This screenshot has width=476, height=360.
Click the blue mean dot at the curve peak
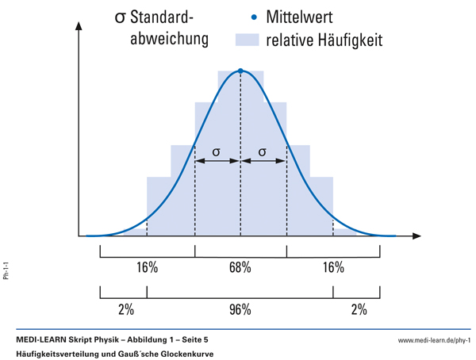point(240,71)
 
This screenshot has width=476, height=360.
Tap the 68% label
point(240,267)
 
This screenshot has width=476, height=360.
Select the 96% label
point(240,308)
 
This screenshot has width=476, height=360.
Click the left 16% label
point(147,267)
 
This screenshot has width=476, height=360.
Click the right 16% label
point(333,267)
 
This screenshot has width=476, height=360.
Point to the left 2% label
point(125,308)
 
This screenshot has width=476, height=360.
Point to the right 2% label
point(358,308)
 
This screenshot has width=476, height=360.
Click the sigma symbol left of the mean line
point(217,151)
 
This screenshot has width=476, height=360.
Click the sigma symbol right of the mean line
point(263,151)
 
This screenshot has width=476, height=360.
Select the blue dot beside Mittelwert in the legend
point(253,16)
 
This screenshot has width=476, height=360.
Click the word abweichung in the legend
point(169,39)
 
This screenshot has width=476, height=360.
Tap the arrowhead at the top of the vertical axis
point(79,25)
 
